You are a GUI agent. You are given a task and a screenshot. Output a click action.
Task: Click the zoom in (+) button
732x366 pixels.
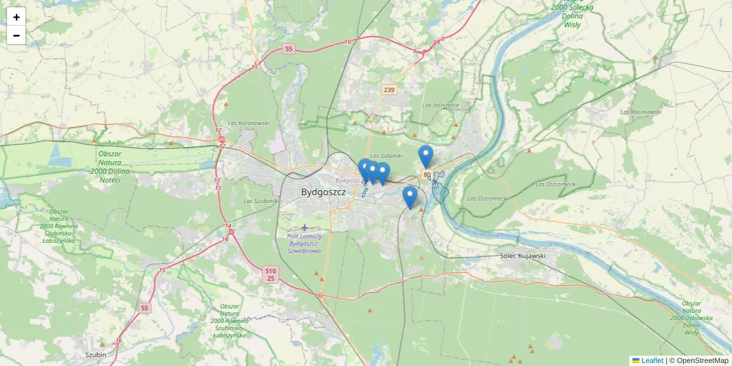tap(16, 17)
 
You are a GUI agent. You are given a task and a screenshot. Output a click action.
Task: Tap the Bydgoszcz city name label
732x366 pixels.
tap(323, 192)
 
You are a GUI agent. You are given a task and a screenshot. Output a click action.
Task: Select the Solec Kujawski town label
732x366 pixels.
tap(522, 256)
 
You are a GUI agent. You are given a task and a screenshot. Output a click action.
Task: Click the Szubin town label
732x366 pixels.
tap(96, 354)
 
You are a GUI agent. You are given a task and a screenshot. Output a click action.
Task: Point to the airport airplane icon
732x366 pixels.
tap(306, 228)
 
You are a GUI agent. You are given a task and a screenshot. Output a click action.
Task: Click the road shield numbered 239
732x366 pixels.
tap(389, 90)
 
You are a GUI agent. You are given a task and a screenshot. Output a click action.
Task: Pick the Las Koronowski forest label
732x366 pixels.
tap(248, 123)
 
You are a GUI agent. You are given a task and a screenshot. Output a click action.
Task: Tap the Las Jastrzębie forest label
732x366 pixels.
tap(440, 105)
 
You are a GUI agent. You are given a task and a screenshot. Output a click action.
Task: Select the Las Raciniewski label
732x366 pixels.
tap(641, 112)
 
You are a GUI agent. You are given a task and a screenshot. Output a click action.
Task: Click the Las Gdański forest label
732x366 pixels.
tap(387, 156)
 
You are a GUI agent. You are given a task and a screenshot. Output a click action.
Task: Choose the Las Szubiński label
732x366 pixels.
tap(261, 201)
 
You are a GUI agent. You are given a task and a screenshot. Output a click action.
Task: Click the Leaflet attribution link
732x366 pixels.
tap(651, 361)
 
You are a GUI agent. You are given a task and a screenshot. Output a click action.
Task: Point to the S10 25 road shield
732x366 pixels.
tap(271, 274)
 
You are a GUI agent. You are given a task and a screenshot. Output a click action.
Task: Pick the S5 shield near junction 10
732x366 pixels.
tap(289, 48)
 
